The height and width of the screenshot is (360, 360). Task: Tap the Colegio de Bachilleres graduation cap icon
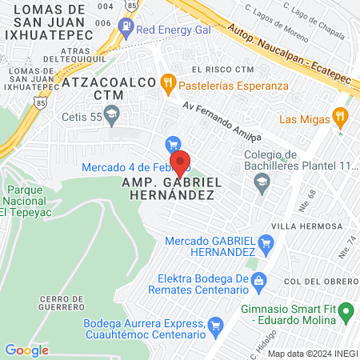(x=261, y=182)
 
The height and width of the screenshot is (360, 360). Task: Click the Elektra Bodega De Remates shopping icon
(x=259, y=280)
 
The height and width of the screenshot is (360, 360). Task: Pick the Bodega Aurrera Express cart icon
(x=214, y=325)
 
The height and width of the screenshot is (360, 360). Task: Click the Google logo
(x=26, y=350)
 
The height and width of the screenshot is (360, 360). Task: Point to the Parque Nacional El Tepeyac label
(x=27, y=202)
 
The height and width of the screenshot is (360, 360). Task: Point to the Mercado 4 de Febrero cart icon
(x=170, y=145)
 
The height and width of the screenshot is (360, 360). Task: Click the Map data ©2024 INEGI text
(x=313, y=353)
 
